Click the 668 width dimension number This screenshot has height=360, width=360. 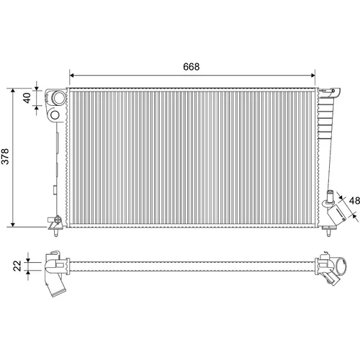pyautogui.click(x=191, y=67)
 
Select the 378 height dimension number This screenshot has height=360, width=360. pyautogui.click(x=5, y=156)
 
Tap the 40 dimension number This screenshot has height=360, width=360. pyautogui.click(x=27, y=98)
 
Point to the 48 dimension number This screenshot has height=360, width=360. pyautogui.click(x=354, y=201)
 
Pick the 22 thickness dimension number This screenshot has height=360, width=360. pyautogui.click(x=17, y=266)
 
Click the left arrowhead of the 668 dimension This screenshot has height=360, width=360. pyautogui.click(x=71, y=76)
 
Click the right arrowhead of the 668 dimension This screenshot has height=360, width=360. pyautogui.click(x=312, y=76)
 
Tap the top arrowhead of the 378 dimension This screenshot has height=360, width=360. pyautogui.click(x=13, y=91)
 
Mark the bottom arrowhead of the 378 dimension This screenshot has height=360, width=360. pyautogui.click(x=13, y=224)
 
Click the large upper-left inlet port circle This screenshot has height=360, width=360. pyautogui.click(x=58, y=98)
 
